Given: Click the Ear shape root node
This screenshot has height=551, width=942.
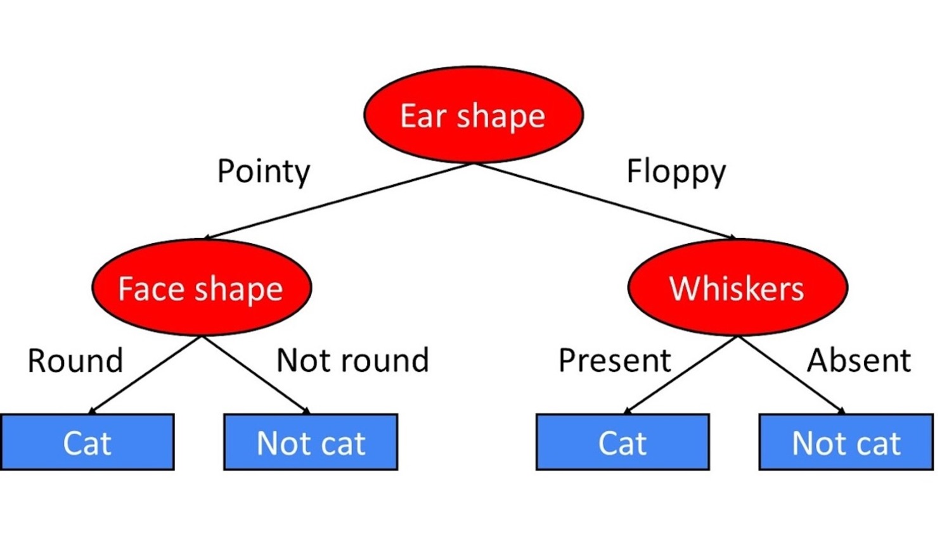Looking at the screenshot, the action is pos(474,115).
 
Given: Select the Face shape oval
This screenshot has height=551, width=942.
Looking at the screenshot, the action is pos(202,288).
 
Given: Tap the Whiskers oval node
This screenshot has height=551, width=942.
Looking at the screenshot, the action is pos(738,288).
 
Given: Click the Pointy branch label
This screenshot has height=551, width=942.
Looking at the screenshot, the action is pos(264,172).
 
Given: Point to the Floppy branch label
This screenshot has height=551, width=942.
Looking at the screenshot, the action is pos(676,172).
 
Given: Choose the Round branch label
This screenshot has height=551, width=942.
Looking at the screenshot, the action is pos(75,360).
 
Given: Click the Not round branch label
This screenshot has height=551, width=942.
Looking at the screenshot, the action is pos(353,360).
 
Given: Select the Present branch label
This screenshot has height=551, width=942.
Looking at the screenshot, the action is pos(615,360).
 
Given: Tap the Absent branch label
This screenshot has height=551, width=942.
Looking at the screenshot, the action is pos(859,360).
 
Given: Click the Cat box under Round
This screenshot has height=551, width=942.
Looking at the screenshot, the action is pos(87,442).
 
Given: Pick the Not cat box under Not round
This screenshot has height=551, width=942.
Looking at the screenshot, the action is pos(311,442).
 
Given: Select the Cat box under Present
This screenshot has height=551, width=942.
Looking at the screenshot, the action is pos(623,442).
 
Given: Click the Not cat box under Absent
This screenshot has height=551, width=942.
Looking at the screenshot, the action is pos(846,442).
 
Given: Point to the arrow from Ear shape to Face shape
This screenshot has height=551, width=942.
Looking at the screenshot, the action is pos(339,201).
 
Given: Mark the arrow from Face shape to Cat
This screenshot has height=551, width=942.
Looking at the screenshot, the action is pos(145,375).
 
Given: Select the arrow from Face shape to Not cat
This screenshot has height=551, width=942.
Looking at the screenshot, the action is pos(256,375).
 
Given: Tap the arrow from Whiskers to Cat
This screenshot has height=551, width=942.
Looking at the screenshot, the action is pos(680,375).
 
